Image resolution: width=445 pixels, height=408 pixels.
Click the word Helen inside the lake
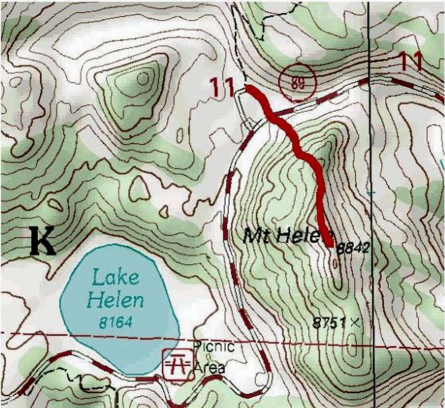[x=115, y=300]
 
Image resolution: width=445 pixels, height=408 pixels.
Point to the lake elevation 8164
[x=116, y=322]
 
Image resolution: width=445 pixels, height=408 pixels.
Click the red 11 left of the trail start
[x=222, y=88]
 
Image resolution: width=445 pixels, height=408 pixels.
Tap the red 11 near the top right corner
[x=411, y=62]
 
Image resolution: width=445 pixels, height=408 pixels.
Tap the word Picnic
[x=214, y=347]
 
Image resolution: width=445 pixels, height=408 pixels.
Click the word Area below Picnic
[x=209, y=367]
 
